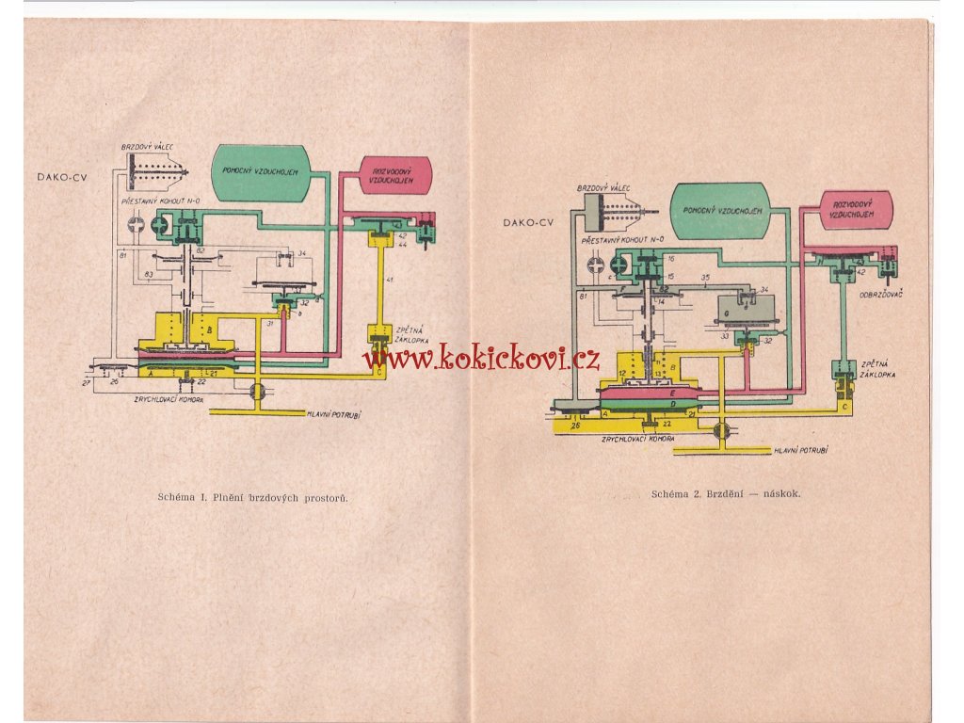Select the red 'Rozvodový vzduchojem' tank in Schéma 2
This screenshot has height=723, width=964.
(854, 210)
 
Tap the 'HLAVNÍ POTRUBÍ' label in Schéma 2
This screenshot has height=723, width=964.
(800, 451)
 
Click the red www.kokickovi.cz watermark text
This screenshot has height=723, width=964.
(481, 356)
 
